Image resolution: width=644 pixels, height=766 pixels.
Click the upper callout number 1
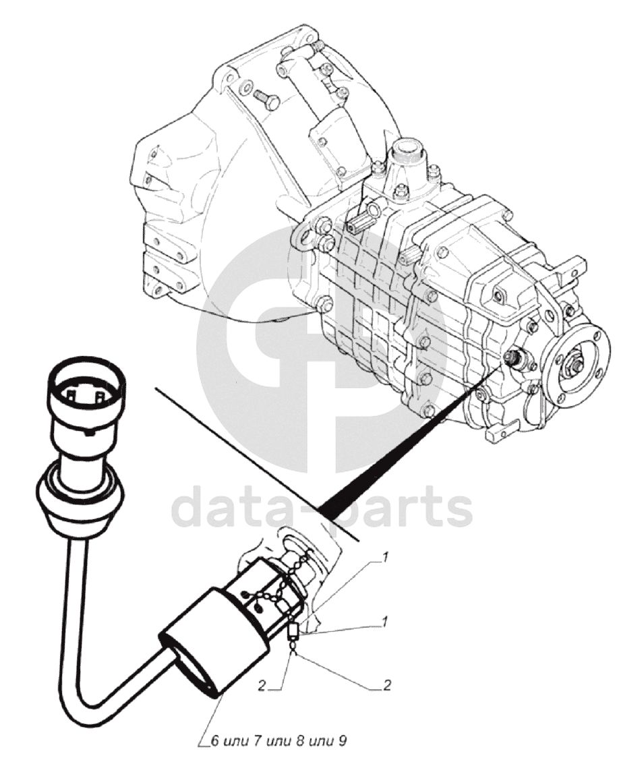[386, 557]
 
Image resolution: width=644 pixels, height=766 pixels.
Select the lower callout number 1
[386, 622]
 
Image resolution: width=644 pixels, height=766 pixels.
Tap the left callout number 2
[262, 686]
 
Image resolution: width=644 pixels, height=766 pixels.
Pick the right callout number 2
[387, 686]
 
